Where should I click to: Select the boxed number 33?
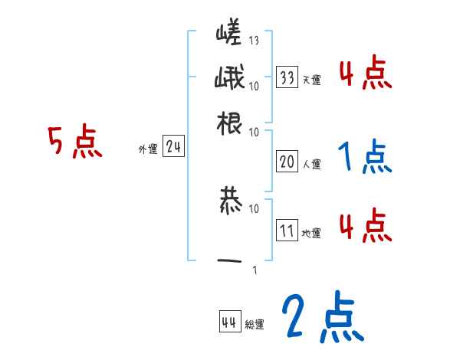[287, 77]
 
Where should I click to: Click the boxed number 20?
[287, 161]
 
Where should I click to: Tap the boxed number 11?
[287, 231]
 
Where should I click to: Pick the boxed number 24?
[173, 148]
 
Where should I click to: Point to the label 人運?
[312, 163]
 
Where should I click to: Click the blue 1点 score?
[365, 157]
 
